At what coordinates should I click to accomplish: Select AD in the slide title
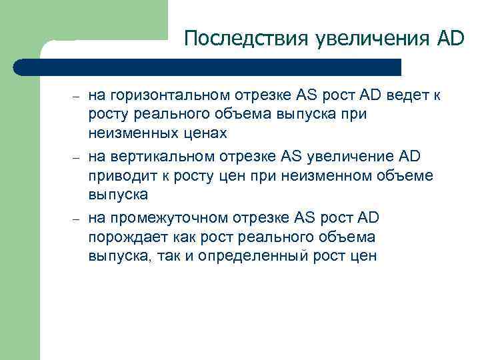point(449,39)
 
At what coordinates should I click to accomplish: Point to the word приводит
point(117,176)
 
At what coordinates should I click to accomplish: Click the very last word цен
point(364,255)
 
